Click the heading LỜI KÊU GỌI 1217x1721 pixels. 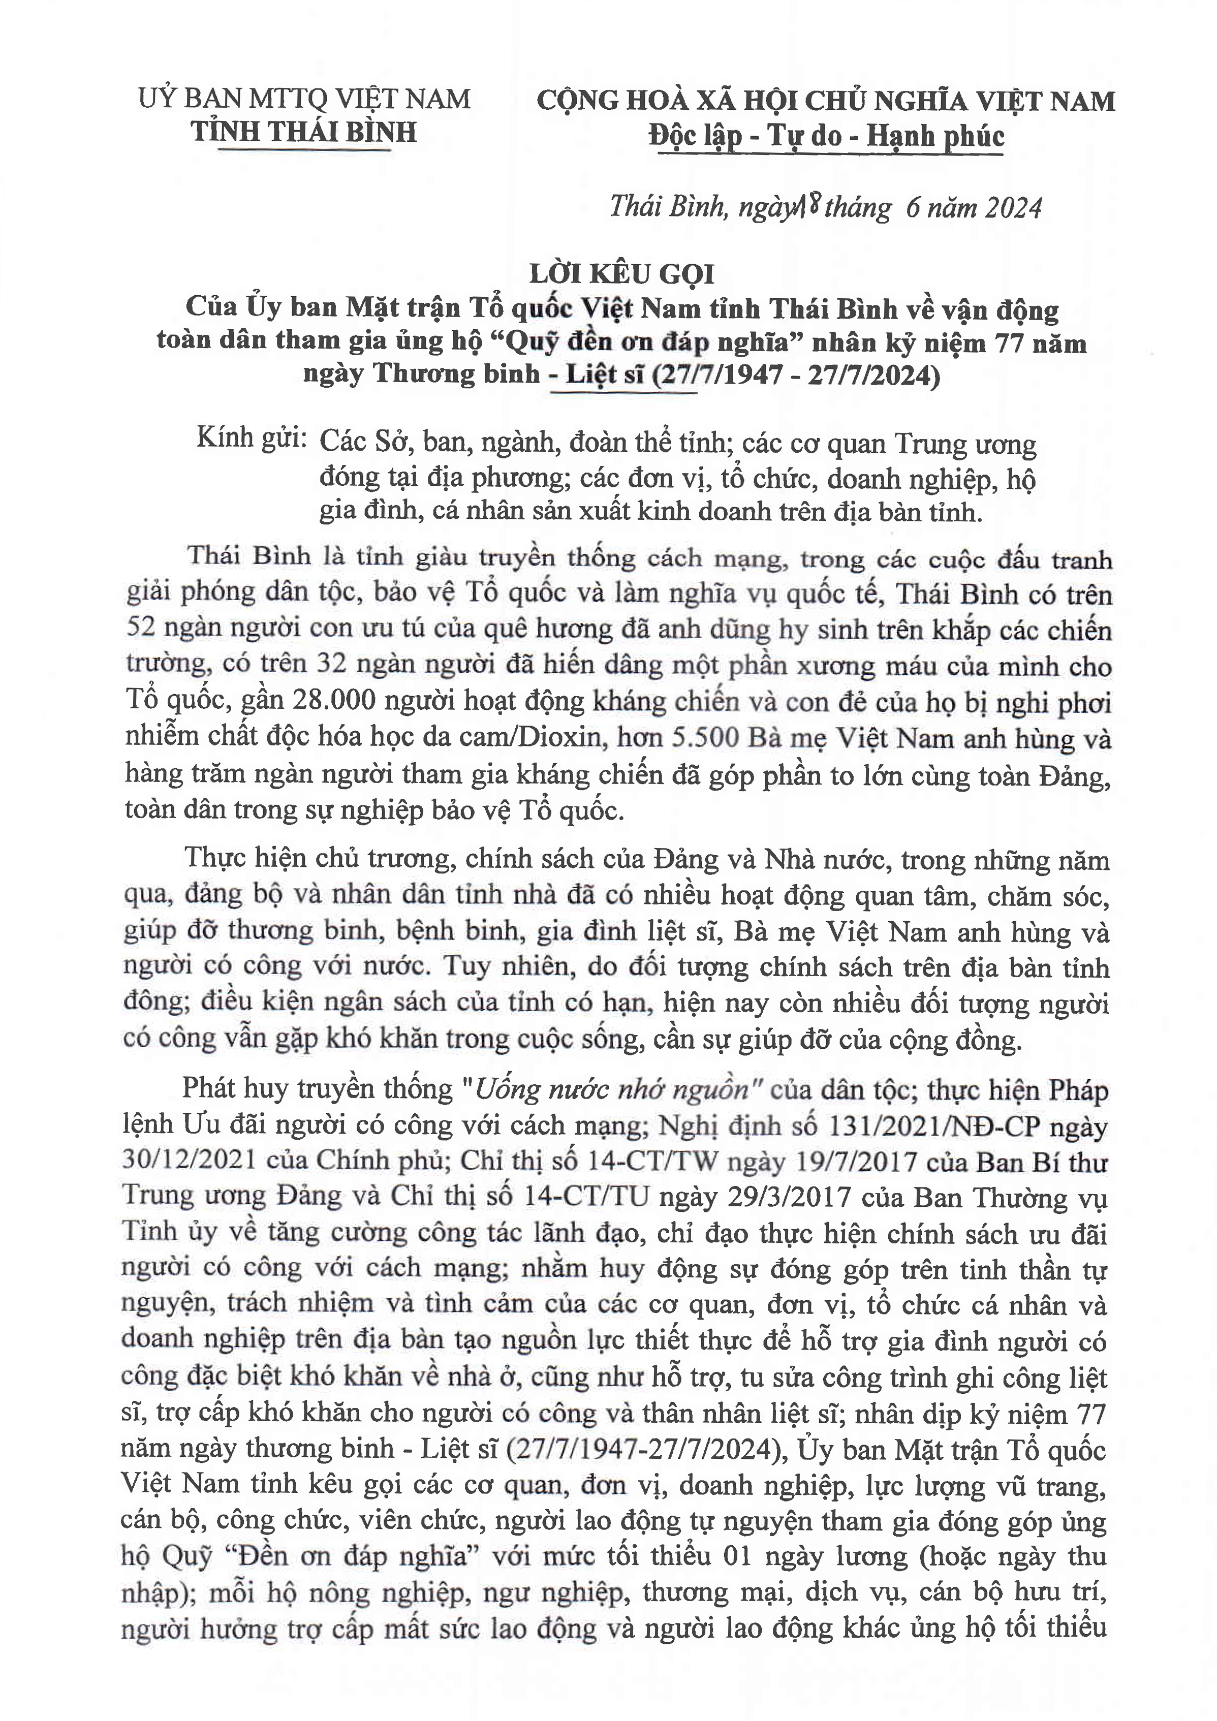click(621, 274)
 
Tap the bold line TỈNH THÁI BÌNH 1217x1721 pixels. click(303, 133)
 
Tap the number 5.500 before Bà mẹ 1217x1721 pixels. click(708, 738)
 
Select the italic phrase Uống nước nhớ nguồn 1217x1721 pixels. click(612, 1089)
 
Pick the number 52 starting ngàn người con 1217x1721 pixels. click(140, 628)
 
